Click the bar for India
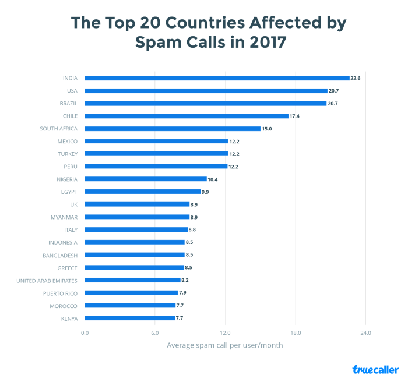(217, 78)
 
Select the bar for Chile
(187, 116)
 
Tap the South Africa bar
(173, 129)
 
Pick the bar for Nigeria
(146, 179)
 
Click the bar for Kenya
(130, 318)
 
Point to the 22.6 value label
(356, 78)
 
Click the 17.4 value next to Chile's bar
(295, 116)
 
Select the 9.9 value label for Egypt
(205, 192)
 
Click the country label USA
(72, 91)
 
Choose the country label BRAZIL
(69, 104)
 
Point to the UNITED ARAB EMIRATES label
(47, 280)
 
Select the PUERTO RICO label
(61, 293)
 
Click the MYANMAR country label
(64, 217)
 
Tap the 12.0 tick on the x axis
(225, 333)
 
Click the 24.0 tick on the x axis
(365, 333)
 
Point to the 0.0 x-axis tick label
(85, 333)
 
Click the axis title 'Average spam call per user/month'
(225, 345)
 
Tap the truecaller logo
(375, 370)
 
